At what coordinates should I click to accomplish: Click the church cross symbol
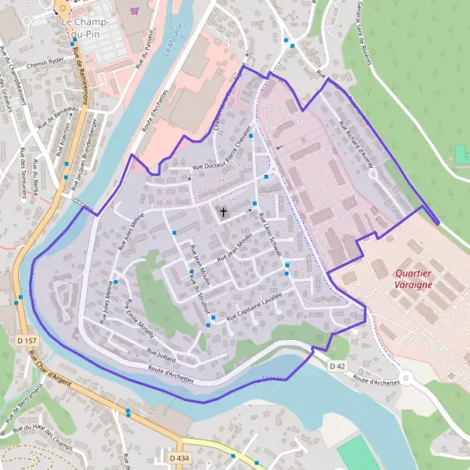(223, 211)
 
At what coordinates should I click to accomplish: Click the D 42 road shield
(338, 366)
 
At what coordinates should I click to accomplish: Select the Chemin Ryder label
(45, 63)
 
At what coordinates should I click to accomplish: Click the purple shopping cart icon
(136, 11)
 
